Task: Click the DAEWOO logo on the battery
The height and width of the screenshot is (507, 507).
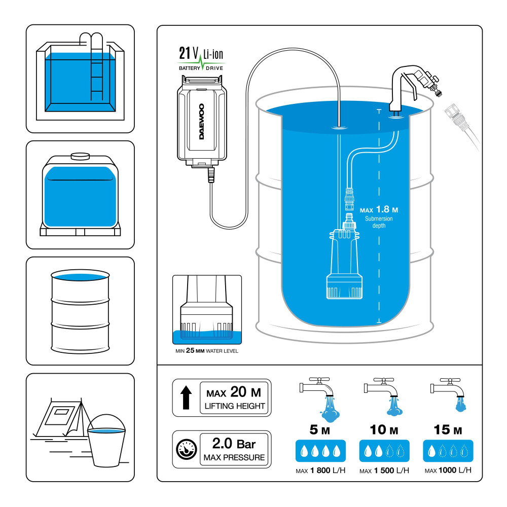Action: [202, 122]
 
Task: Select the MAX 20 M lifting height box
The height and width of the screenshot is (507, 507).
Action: [235, 398]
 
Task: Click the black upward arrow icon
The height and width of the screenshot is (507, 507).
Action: [186, 397]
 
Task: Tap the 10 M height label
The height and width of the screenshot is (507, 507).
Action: [385, 430]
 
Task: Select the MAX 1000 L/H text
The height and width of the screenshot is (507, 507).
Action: [448, 470]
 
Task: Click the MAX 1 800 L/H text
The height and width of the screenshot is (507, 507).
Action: [320, 470]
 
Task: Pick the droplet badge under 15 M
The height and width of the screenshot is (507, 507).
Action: [448, 450]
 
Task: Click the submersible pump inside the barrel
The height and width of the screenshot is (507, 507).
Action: [346, 264]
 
